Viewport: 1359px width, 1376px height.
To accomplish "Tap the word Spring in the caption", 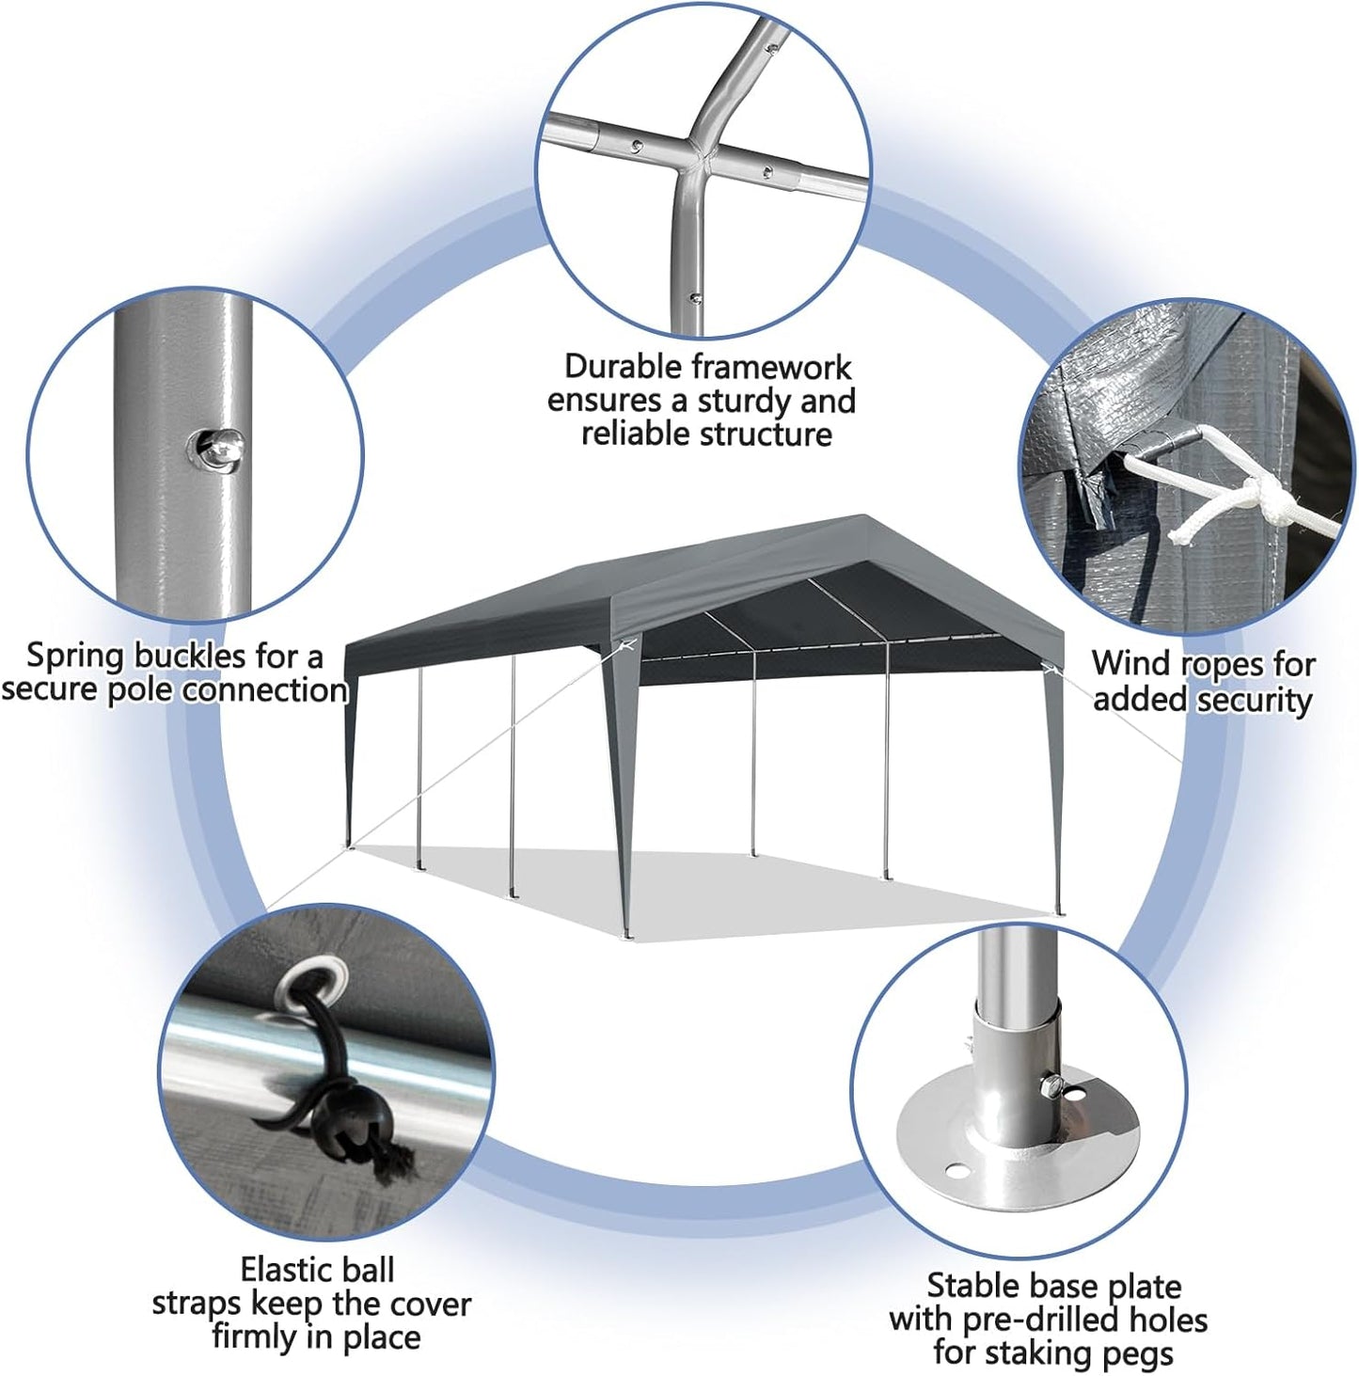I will click(75, 656).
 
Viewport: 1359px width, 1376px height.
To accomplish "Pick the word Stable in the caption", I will click(972, 1286).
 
